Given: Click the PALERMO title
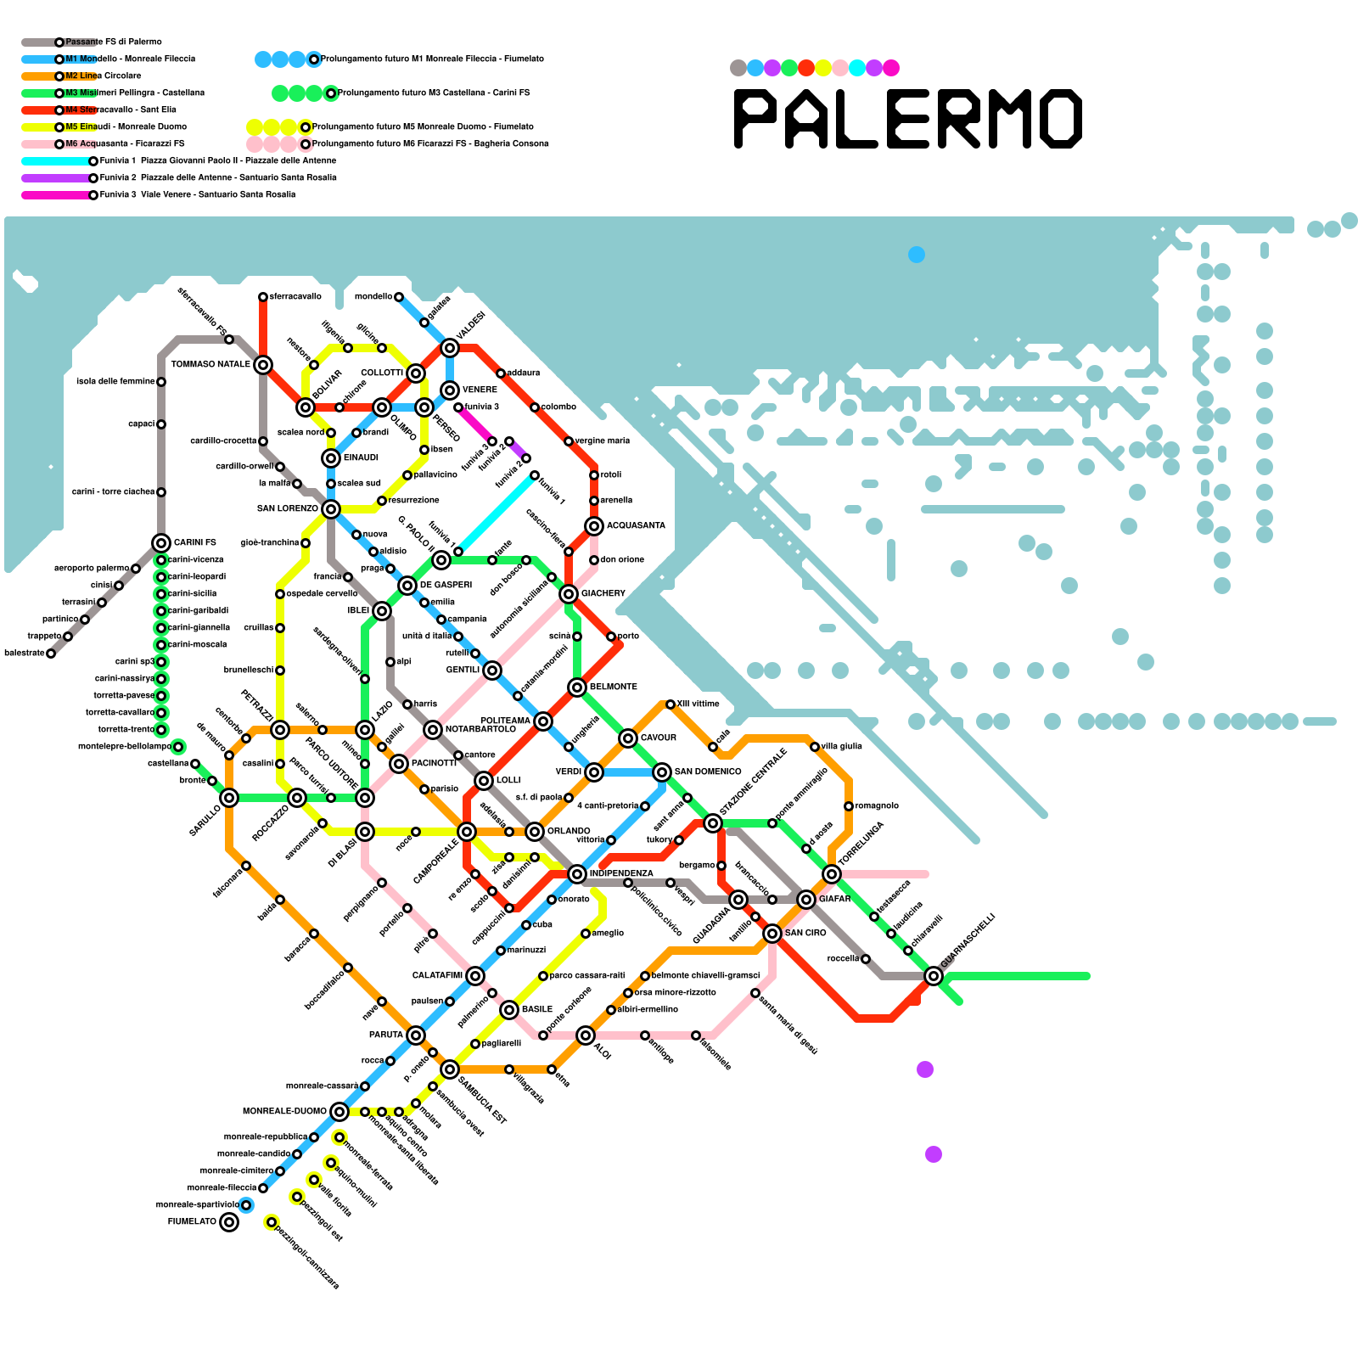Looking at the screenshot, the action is click(x=907, y=119).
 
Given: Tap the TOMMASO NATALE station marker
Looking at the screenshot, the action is click(x=263, y=365).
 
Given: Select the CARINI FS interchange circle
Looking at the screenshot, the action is click(x=161, y=543).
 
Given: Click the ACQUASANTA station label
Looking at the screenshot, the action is click(x=636, y=526).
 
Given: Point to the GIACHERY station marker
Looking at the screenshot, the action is click(x=569, y=594).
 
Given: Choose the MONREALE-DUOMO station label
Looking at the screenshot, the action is click(x=284, y=1111).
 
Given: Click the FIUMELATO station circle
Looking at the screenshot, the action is click(x=229, y=1222).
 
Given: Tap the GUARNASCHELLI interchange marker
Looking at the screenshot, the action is click(x=934, y=976).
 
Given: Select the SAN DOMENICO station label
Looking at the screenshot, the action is click(x=708, y=772).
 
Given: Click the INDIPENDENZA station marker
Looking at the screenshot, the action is click(x=577, y=874).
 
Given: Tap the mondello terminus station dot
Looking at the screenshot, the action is click(x=399, y=297).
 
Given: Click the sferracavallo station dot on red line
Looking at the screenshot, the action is click(x=263, y=297).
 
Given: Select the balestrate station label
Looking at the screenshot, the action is click(x=24, y=654).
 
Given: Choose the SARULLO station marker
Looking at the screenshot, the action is click(x=229, y=798).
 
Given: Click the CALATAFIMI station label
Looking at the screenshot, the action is click(x=437, y=976).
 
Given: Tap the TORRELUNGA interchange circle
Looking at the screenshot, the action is click(x=832, y=874).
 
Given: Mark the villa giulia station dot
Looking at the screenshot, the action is click(x=815, y=747).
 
